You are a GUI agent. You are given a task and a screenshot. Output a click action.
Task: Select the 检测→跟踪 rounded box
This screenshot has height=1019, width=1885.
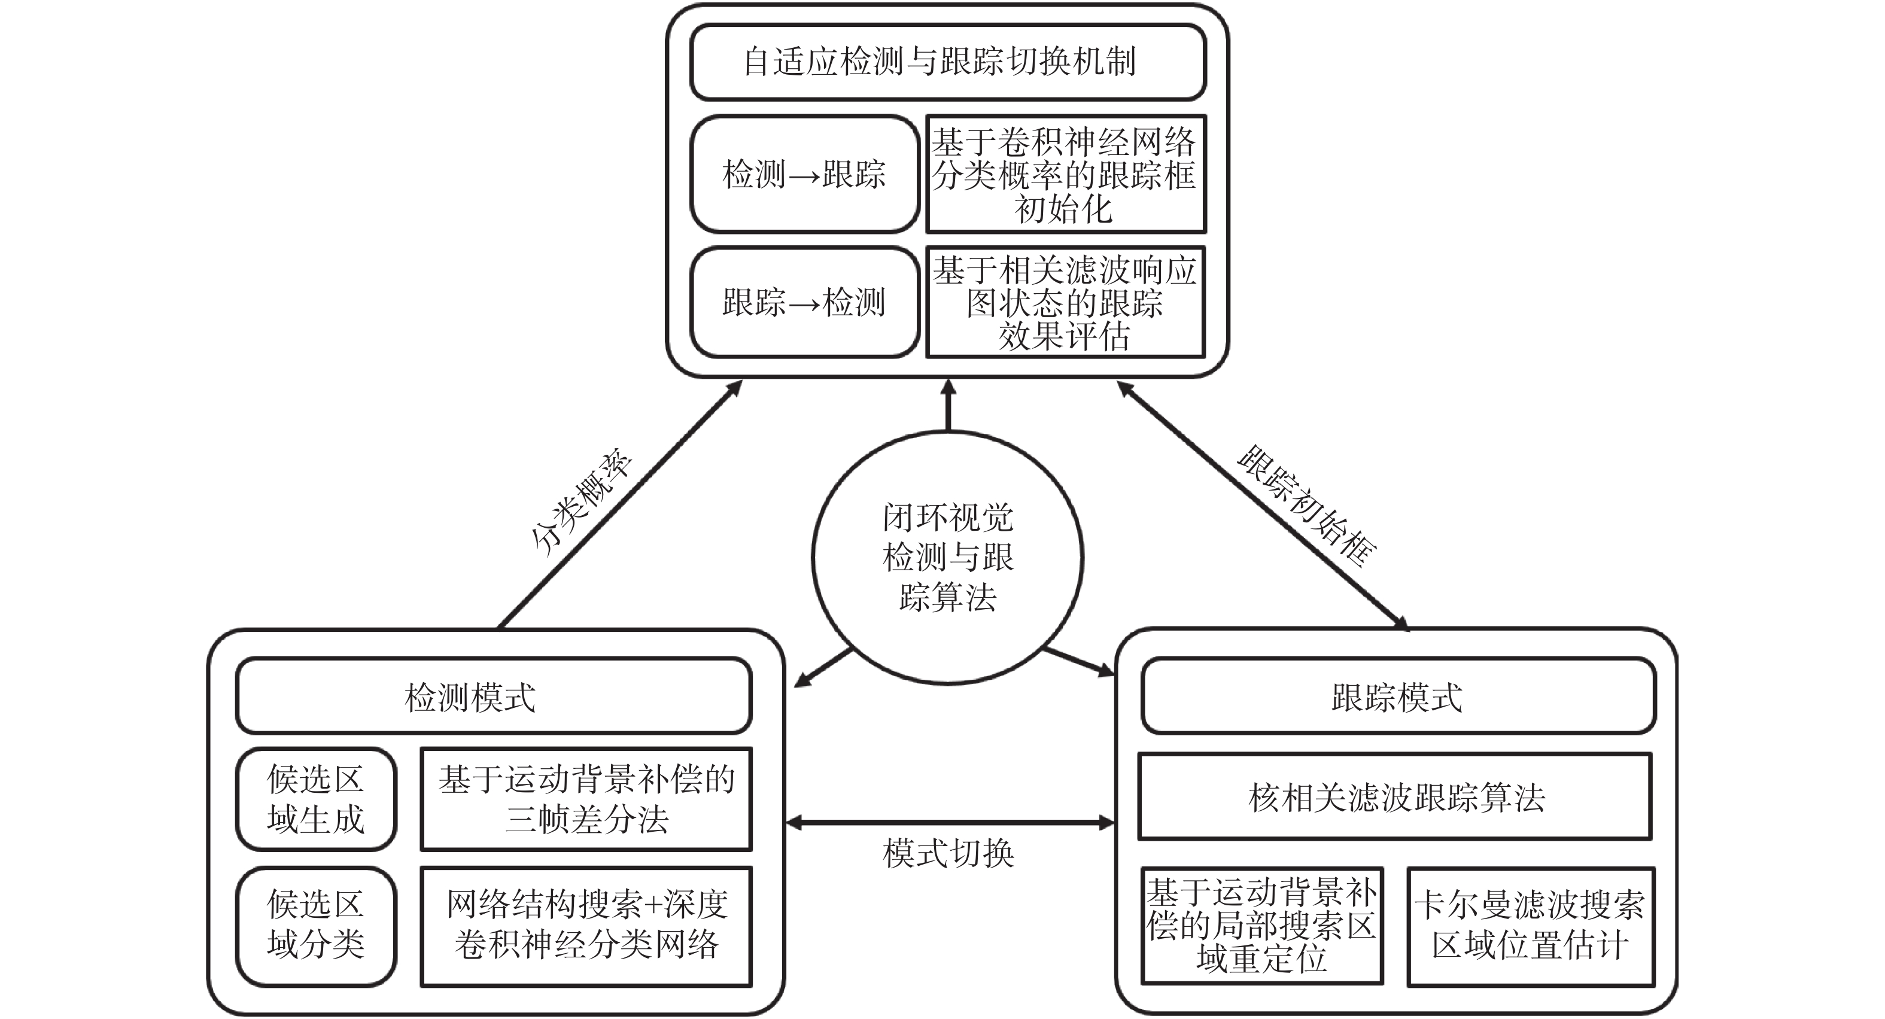804,174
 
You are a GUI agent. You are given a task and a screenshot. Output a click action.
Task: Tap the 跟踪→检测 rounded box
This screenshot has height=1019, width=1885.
804,302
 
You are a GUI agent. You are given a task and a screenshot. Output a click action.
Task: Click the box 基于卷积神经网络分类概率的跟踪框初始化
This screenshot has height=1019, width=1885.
1065,174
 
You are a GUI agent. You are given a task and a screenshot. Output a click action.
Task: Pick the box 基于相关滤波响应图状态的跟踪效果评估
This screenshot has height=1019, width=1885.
1065,302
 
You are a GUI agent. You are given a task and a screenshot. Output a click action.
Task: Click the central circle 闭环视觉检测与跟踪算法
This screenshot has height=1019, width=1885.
948,558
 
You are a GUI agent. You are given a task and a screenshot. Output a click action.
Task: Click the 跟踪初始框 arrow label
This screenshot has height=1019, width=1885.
1307,505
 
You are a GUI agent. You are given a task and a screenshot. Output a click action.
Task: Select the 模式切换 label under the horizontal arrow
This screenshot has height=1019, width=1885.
948,853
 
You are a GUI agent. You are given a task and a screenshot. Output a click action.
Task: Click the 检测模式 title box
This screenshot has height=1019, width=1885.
493,696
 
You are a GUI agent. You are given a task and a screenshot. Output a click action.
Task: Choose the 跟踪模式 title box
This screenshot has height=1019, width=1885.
1398,696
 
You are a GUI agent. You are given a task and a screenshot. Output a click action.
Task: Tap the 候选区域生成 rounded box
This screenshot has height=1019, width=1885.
316,799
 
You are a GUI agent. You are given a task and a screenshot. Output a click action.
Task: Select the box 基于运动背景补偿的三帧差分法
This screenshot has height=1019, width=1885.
586,799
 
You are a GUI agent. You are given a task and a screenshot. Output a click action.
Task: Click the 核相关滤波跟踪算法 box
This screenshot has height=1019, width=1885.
1395,796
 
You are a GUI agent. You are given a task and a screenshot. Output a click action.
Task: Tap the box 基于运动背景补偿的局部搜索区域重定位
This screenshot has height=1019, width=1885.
1261,926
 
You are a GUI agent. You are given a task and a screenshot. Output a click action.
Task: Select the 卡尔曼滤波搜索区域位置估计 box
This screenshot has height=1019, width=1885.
1531,926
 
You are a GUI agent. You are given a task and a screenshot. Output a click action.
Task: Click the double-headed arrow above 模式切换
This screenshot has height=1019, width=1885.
949,823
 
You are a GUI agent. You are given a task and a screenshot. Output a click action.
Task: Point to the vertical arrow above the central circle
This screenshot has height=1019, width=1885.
948,406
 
